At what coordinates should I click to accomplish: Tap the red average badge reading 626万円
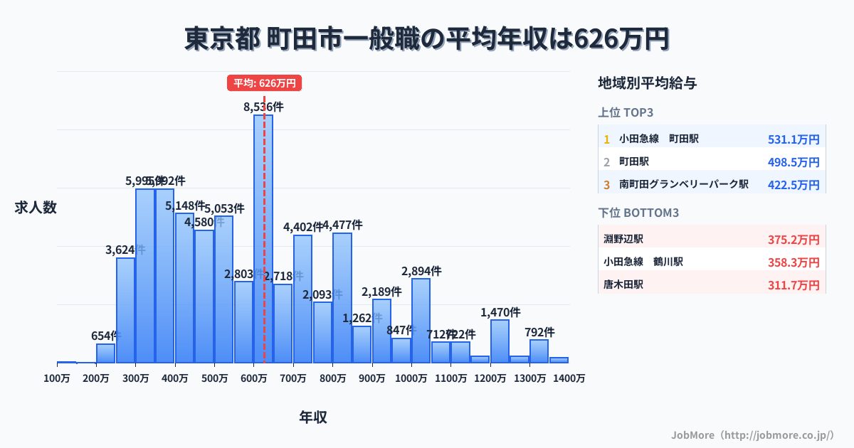[265, 83]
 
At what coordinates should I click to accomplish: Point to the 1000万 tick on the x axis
[411, 379]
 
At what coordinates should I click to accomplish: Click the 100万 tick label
[57, 379]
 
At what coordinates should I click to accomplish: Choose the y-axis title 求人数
[36, 208]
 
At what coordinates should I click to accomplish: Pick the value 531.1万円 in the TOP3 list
[794, 139]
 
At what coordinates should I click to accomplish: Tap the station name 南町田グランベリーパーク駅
[683, 184]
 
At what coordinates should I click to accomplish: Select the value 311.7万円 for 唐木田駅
[794, 285]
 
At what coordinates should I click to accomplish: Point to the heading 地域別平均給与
[647, 83]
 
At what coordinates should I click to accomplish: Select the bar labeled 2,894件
[421, 321]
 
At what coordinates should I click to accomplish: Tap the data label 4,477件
[342, 225]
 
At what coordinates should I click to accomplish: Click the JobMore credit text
[752, 434]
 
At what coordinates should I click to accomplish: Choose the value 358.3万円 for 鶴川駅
[794, 262]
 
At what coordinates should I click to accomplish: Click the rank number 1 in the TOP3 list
[606, 139]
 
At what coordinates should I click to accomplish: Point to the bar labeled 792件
[539, 351]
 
